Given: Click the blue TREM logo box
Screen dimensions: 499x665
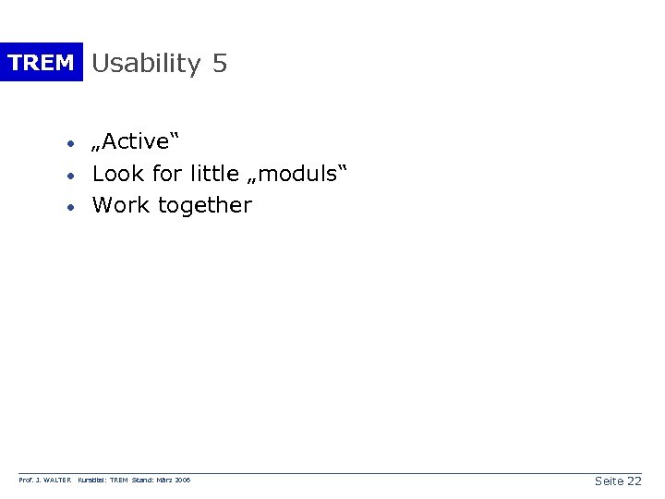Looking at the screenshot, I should pos(41,63).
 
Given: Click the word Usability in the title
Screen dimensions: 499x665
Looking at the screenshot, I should pos(146,64).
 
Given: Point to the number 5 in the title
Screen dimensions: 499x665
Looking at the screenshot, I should pos(219,63).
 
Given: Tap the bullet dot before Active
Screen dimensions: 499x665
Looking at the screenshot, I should pos(69,144).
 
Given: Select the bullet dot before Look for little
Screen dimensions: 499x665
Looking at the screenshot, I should pos(69,176).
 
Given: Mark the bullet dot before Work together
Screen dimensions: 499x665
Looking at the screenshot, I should pos(69,207).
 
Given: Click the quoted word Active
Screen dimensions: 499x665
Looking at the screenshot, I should pos(135,142).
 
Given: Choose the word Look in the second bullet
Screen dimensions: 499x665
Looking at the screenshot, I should pos(117,174).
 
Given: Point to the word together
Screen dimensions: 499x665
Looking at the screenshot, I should pos(204,205).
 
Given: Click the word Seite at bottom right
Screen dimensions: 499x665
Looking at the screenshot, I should pos(609,481).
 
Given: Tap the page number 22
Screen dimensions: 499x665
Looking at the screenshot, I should pos(634,481).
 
